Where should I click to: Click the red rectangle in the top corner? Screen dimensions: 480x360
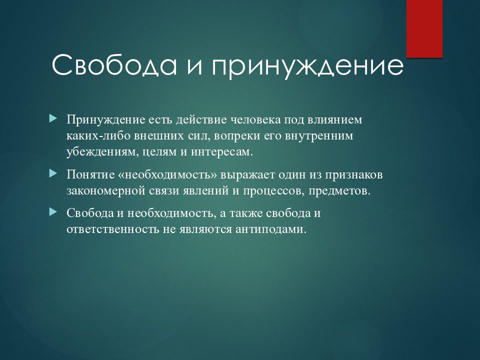(x=424, y=28)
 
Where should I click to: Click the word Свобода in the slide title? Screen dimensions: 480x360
(x=114, y=65)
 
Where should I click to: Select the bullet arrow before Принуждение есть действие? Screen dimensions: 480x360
(x=53, y=118)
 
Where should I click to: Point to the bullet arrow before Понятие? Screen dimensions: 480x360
(x=53, y=174)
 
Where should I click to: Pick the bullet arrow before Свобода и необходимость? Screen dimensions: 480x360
(x=53, y=212)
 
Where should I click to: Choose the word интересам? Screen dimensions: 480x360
(x=222, y=152)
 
